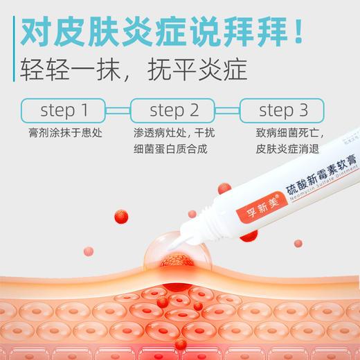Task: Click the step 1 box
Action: pos(64,109)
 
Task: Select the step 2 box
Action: pos(174,109)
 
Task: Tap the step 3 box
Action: pos(282,109)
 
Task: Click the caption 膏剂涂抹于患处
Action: pos(63,131)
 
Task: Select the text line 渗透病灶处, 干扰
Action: pos(174,131)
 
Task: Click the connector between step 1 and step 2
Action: pos(118,109)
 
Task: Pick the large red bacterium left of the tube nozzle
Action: pos(120,216)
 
